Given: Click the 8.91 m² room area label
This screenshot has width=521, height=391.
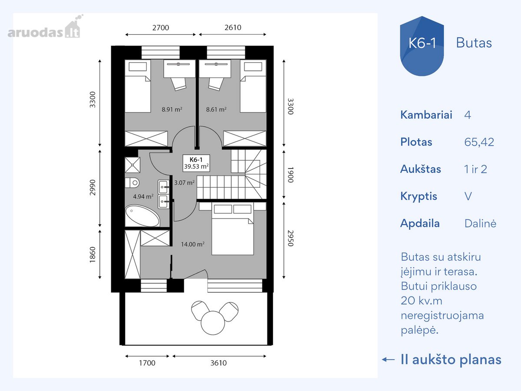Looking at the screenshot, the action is (x=172, y=109).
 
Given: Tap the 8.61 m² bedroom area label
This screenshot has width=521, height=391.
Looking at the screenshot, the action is (x=216, y=109).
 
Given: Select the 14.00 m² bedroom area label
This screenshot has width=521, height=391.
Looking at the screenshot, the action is (x=193, y=244).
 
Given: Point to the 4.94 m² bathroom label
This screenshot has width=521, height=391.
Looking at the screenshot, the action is (x=143, y=196).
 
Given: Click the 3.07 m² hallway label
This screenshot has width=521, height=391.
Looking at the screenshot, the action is (x=185, y=182).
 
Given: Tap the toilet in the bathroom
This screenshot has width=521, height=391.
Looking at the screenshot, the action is (x=132, y=182).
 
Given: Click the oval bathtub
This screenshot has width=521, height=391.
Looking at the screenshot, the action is (x=142, y=216).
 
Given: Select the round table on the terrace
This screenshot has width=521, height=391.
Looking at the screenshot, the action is (x=213, y=323).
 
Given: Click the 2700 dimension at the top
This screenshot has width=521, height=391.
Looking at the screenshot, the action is (x=161, y=28).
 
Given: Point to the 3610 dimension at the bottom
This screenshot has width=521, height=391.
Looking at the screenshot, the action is (x=219, y=363).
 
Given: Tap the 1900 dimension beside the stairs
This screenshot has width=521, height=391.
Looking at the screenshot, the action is (x=290, y=175).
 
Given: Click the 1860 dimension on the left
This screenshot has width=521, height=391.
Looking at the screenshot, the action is (x=92, y=255).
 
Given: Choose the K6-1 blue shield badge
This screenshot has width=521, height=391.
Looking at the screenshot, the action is (x=422, y=46).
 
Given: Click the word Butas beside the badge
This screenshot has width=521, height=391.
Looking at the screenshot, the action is (x=474, y=43).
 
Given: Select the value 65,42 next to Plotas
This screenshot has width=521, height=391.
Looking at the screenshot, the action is (x=479, y=142).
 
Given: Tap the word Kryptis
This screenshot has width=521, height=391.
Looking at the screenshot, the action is (x=419, y=196).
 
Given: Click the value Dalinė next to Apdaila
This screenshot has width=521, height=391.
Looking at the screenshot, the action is (x=481, y=223).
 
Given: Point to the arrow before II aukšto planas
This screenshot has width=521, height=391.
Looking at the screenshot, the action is (x=388, y=360).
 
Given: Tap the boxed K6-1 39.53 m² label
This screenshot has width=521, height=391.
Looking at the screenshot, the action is (x=196, y=163).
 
